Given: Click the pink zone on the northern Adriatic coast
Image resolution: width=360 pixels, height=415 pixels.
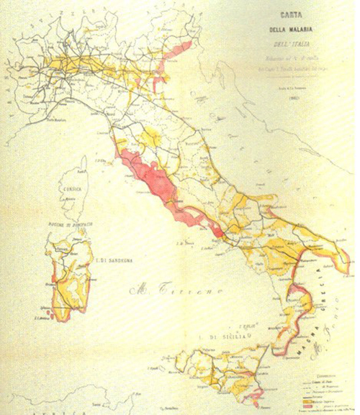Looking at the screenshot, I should (x=179, y=50).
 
